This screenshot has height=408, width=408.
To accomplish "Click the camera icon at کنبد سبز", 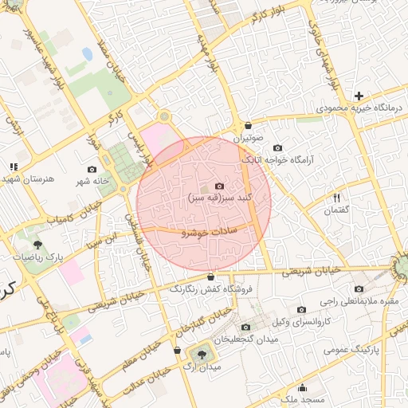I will [x=219, y=185].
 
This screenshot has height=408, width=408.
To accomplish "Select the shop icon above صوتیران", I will [x=249, y=125].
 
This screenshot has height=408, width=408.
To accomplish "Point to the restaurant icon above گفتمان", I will [x=337, y=198].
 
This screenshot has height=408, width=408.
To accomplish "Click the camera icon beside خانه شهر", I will [x=92, y=169].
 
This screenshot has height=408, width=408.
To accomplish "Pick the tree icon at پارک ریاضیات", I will [x=37, y=245].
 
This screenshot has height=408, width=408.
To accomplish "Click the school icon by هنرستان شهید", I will [x=13, y=167].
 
